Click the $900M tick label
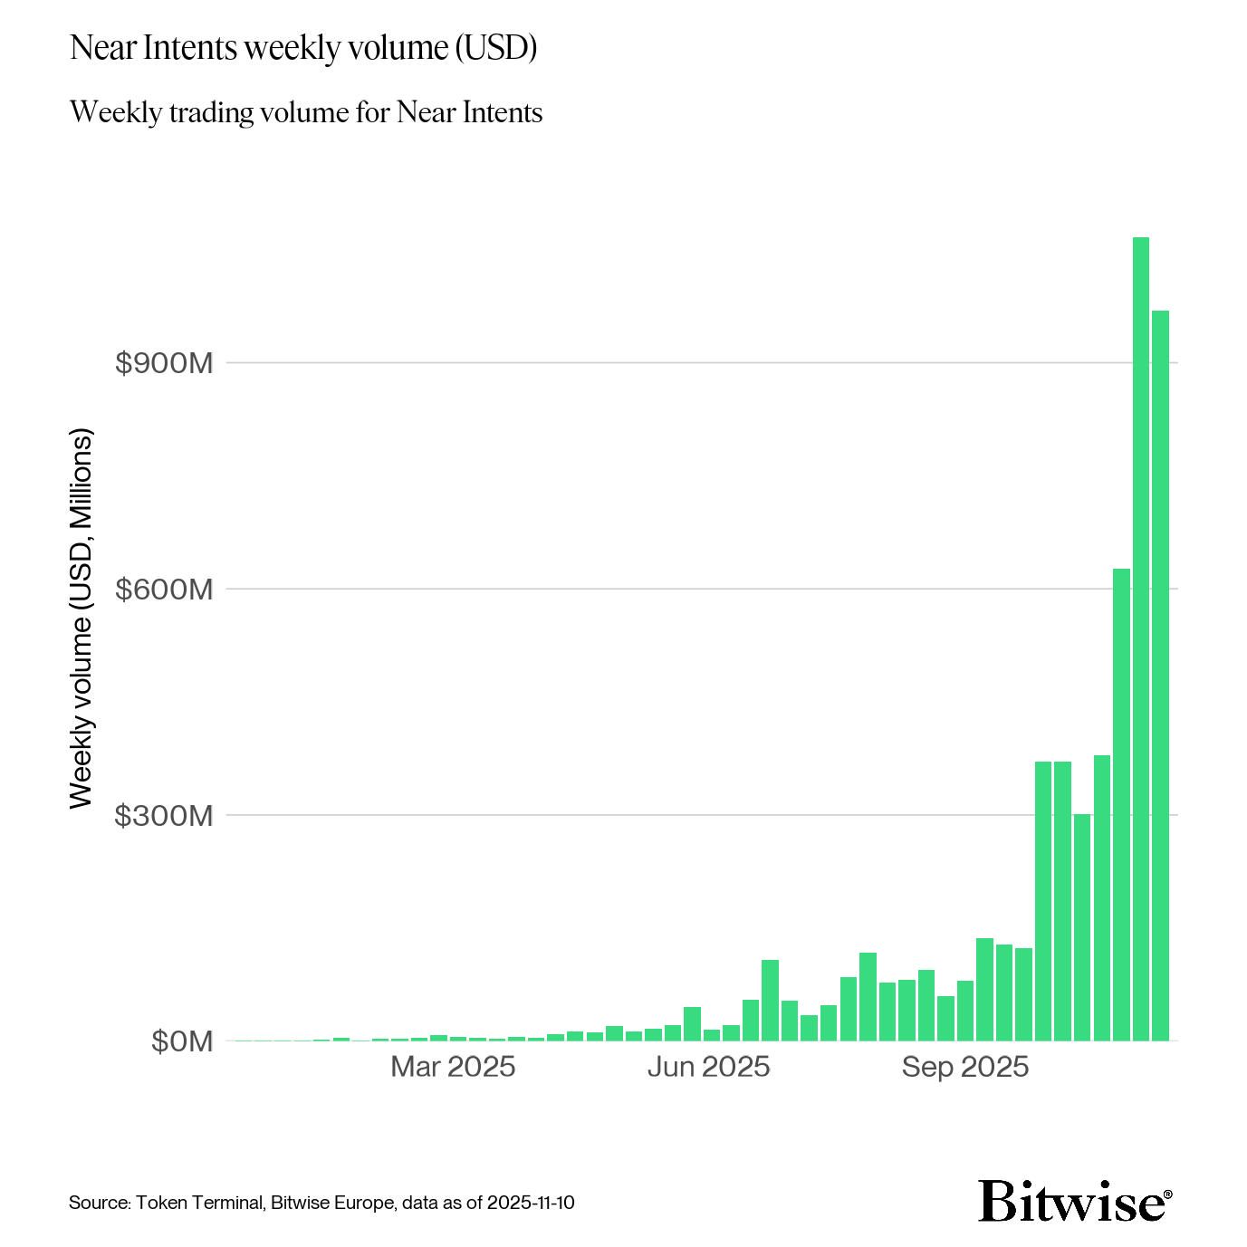click(164, 363)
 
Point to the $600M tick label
click(164, 590)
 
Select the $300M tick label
click(164, 816)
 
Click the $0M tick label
click(182, 1042)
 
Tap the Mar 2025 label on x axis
click(453, 1067)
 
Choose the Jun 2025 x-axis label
click(708, 1067)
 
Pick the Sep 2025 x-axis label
click(964, 1067)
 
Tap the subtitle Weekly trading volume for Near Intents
click(305, 112)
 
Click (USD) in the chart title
click(494, 48)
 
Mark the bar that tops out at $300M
click(1082, 927)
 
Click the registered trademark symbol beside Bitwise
click(1167, 1194)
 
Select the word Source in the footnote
click(100, 1203)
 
